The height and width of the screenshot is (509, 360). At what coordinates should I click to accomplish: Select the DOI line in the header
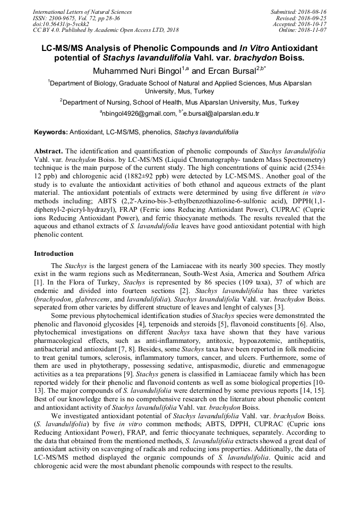(x=61, y=24)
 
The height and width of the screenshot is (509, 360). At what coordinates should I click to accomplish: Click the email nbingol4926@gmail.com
(x=139, y=114)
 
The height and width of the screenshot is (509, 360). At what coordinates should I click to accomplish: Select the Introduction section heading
(x=54, y=254)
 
